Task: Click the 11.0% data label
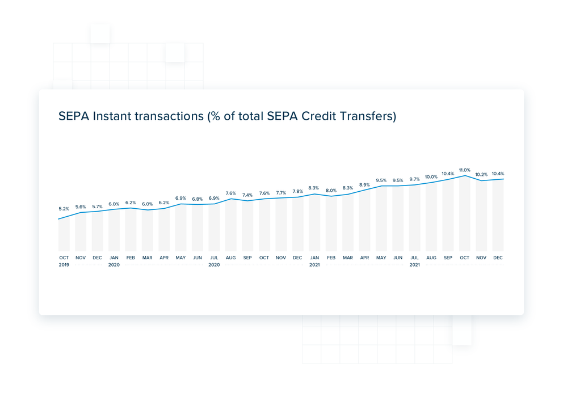click(x=465, y=170)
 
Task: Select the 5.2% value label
click(x=64, y=209)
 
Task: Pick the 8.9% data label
click(x=364, y=185)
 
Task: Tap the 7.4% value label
click(x=247, y=195)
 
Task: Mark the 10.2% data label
click(x=481, y=175)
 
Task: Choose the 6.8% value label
click(x=197, y=199)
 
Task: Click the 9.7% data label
click(x=414, y=179)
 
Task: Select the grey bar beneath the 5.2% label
click(x=64, y=235)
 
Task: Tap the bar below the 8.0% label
click(x=331, y=224)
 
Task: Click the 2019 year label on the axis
click(x=64, y=265)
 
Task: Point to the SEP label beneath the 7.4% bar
click(x=247, y=258)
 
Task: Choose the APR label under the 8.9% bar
click(x=364, y=258)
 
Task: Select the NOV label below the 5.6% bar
click(x=81, y=258)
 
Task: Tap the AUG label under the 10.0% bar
click(x=431, y=258)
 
